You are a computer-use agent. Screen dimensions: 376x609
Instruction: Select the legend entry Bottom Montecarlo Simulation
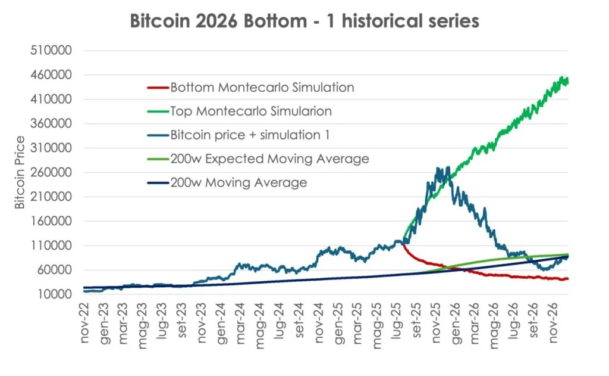[262, 88]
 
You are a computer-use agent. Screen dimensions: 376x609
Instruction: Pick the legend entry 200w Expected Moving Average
[269, 159]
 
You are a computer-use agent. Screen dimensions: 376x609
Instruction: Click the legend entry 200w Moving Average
[238, 183]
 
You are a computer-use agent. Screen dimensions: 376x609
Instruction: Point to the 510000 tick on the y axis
[51, 51]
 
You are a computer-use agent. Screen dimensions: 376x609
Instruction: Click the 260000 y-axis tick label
[51, 173]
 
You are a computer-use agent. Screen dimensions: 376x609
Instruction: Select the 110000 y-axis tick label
[51, 246]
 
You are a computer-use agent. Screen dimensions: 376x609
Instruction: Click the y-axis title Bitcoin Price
[20, 172]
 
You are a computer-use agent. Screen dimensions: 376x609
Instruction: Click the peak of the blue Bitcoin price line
[440, 169]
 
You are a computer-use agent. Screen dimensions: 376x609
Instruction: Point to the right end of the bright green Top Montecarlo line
[567, 80]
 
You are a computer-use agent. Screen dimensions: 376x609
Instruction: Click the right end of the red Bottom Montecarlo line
[567, 279]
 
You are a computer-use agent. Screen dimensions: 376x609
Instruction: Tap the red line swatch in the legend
[157, 88]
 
